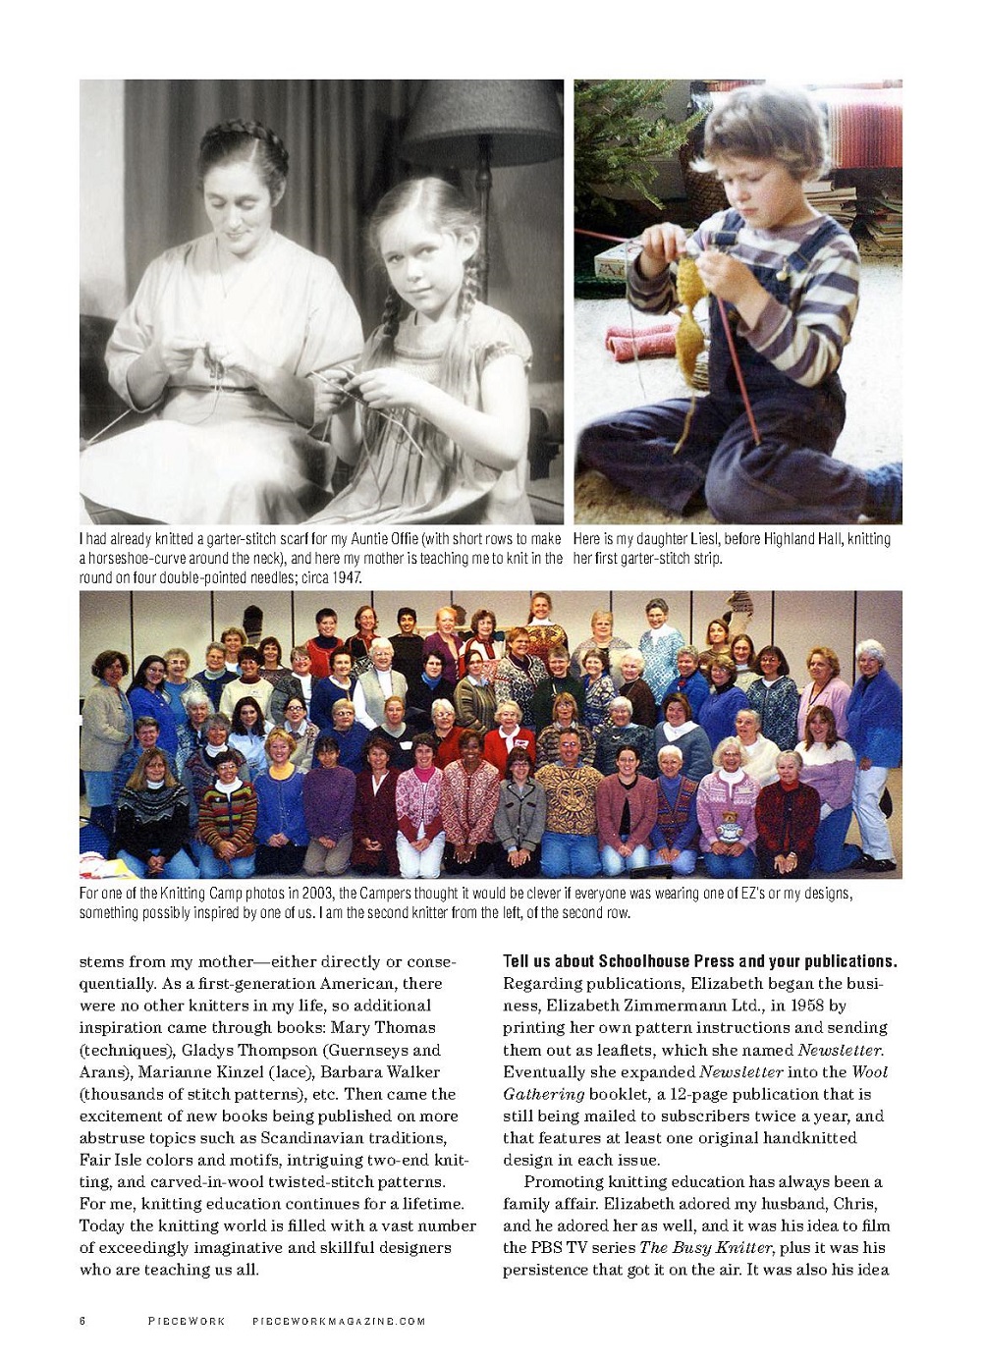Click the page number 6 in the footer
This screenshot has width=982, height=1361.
pyautogui.click(x=82, y=1321)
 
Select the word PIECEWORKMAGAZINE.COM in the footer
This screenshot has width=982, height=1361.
pyautogui.click(x=339, y=1321)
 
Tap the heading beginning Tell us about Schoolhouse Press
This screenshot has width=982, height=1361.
pyautogui.click(x=699, y=960)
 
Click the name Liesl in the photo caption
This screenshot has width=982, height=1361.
pyautogui.click(x=698, y=538)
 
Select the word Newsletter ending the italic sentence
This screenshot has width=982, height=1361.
pyautogui.click(x=840, y=1049)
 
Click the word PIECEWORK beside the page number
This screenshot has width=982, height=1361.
pyautogui.click(x=187, y=1321)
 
